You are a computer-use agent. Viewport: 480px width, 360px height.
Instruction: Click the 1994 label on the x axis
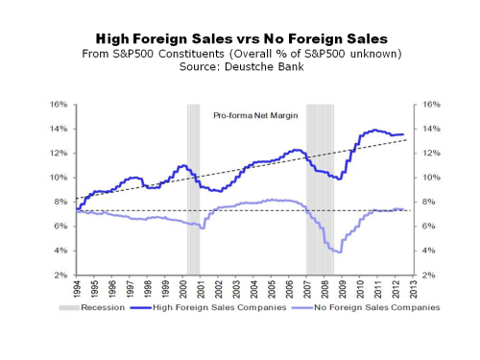click(x=75, y=290)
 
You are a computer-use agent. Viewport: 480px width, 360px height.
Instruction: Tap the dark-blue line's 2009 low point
click(x=337, y=179)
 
